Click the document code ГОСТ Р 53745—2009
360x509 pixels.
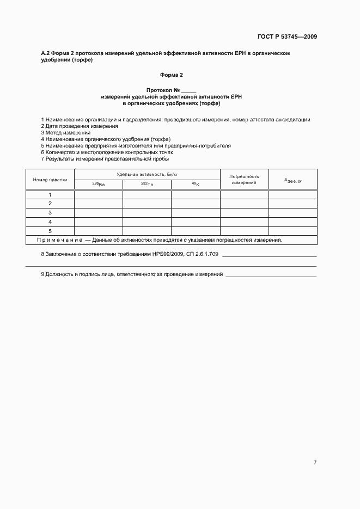click(287, 37)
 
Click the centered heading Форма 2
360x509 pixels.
click(172, 75)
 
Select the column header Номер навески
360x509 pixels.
click(50, 179)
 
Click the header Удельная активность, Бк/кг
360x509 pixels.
click(147, 174)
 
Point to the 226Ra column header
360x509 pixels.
click(99, 184)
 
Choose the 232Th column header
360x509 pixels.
click(147, 184)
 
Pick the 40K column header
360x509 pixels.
click(196, 184)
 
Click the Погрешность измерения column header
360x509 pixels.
click(244, 179)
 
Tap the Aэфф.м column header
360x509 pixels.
click(292, 180)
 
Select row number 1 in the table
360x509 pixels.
click(50, 194)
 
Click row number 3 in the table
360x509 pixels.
click(50, 212)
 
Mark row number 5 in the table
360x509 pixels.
click(50, 231)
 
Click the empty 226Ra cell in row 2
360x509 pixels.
click(99, 204)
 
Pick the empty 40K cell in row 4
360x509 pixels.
click(196, 222)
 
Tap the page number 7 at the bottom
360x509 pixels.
click(315, 462)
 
